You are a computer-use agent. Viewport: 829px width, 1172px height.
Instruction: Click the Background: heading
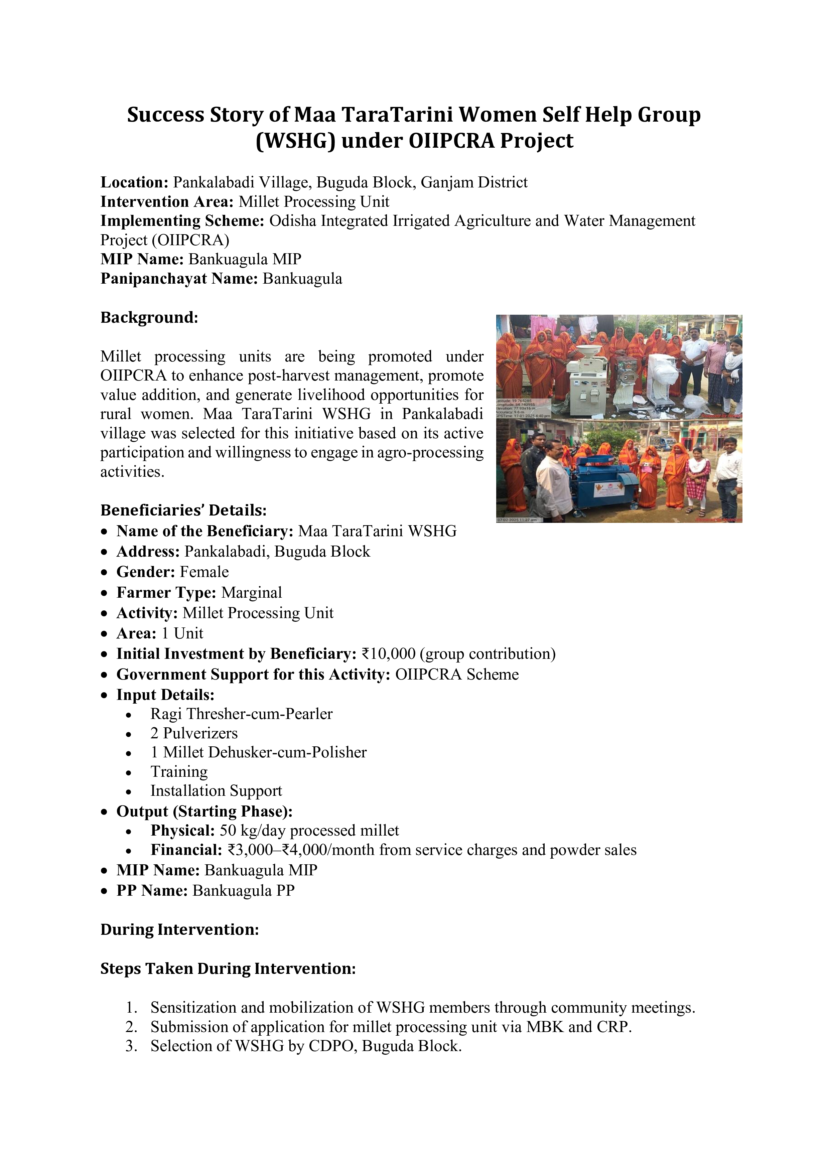[x=149, y=317]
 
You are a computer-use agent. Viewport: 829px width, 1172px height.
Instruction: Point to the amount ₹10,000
[x=390, y=654]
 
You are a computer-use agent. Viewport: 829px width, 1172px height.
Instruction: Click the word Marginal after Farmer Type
[x=252, y=593]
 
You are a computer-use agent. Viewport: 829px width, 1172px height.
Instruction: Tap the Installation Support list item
[x=216, y=791]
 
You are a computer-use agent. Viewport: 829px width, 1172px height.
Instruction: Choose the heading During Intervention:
[x=180, y=929]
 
